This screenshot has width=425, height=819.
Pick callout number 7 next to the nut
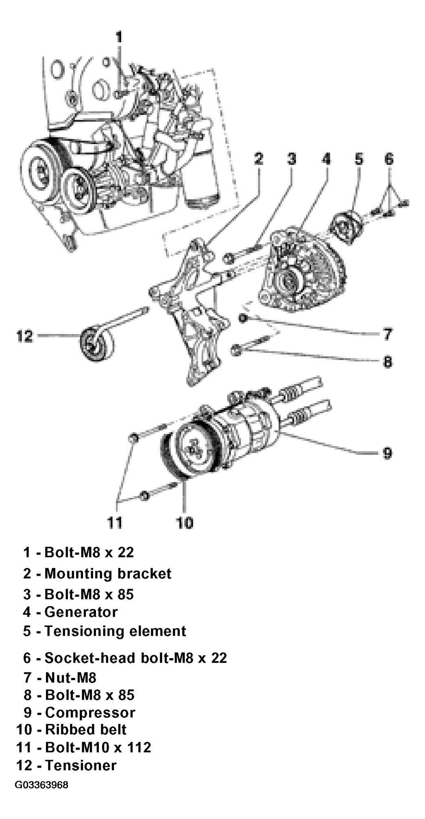387,334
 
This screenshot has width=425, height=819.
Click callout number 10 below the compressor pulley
185,522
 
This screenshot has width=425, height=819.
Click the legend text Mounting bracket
108,573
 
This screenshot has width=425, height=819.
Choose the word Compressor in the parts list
90,712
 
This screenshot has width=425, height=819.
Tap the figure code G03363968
41,784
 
